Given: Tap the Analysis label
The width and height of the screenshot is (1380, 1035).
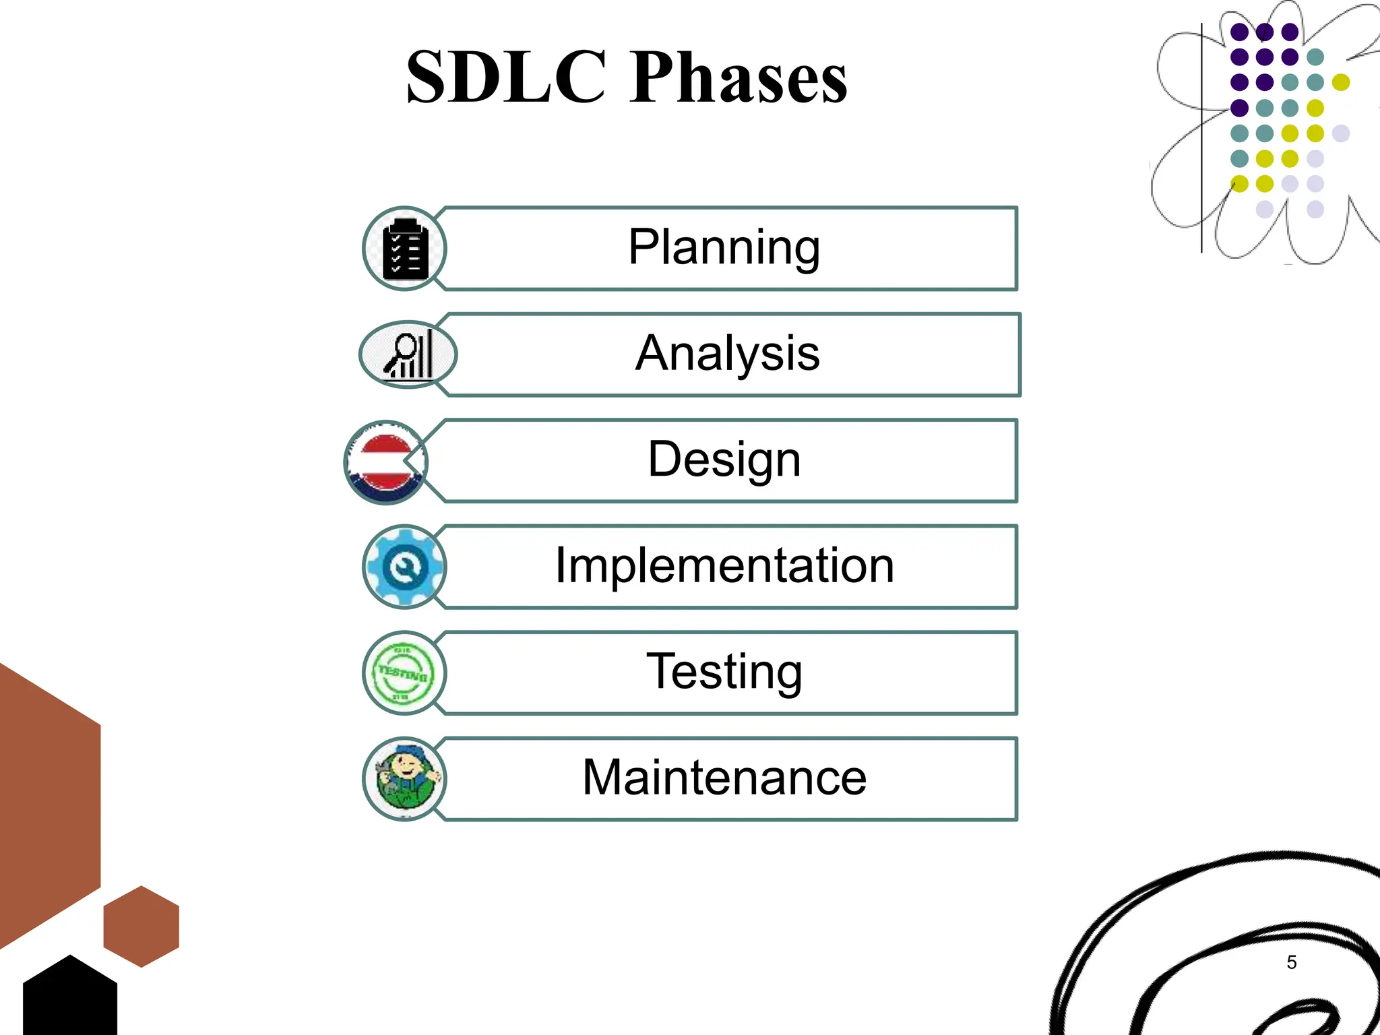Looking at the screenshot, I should [x=727, y=353].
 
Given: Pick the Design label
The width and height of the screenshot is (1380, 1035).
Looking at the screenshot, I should [x=724, y=460].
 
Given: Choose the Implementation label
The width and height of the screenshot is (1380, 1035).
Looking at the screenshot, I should [x=724, y=565].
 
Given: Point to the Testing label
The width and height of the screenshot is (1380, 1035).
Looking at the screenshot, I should [x=724, y=672].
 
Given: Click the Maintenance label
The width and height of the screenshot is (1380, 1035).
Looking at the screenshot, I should [x=724, y=778].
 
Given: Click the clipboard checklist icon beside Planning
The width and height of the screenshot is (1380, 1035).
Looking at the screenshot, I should [x=404, y=249].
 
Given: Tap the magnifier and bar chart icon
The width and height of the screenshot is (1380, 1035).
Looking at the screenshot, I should [x=408, y=354].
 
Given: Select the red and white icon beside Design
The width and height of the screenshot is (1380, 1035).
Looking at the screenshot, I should [x=385, y=462].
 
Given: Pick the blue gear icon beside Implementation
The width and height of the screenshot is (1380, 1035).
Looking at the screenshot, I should [x=404, y=567].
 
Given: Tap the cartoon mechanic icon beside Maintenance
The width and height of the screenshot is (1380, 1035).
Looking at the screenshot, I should [x=404, y=779].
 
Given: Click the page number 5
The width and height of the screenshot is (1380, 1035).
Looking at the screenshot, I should [x=1291, y=962].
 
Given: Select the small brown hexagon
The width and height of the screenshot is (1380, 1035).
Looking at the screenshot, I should [x=141, y=927].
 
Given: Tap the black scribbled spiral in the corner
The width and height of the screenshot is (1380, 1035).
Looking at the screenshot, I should [x=1213, y=943].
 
